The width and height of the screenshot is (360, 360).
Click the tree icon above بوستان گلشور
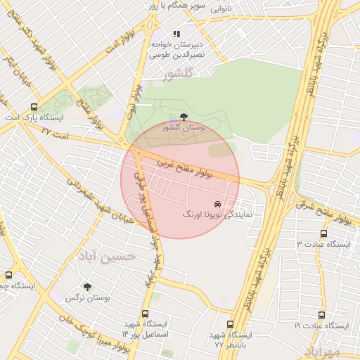coord(184,116)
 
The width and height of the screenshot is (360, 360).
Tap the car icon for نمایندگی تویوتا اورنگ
coord(226,202)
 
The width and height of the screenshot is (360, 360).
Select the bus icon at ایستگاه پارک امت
coord(34,107)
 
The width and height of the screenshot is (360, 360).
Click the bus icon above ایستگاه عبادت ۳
coord(323,233)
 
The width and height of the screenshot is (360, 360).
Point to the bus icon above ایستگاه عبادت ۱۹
coord(321,315)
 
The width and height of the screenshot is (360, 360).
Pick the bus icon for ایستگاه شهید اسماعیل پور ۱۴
coord(145,314)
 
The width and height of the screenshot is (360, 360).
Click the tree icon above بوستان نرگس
coord(87,287)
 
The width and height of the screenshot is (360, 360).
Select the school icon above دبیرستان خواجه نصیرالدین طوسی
coord(176,33)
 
